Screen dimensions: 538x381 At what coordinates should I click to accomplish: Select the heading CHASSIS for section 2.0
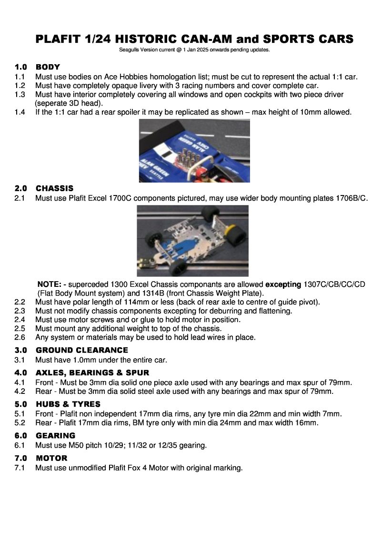click(x=54, y=188)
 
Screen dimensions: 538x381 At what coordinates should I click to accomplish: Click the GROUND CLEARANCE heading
click(x=82, y=350)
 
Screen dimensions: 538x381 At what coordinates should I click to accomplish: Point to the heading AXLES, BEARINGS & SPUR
click(x=92, y=372)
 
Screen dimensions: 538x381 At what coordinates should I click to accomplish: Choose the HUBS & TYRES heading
click(x=68, y=404)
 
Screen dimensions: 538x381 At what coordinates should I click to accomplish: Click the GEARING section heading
click(x=55, y=435)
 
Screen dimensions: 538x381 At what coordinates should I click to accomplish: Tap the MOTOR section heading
click(x=51, y=458)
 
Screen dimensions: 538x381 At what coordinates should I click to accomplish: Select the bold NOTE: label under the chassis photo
click(x=48, y=284)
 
